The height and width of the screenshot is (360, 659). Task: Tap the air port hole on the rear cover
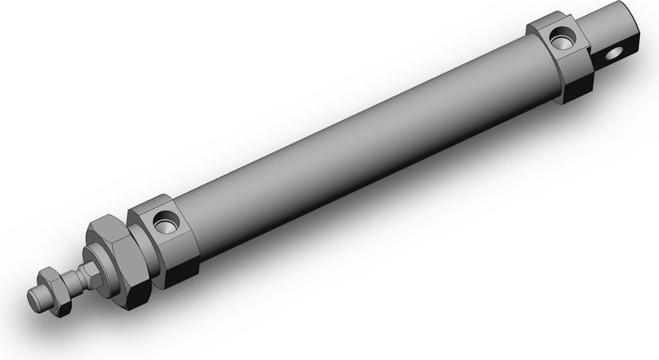pos(563,36)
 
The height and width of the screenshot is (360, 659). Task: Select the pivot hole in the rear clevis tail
pos(610,55)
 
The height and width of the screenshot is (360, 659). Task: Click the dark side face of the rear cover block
pos(577,78)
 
